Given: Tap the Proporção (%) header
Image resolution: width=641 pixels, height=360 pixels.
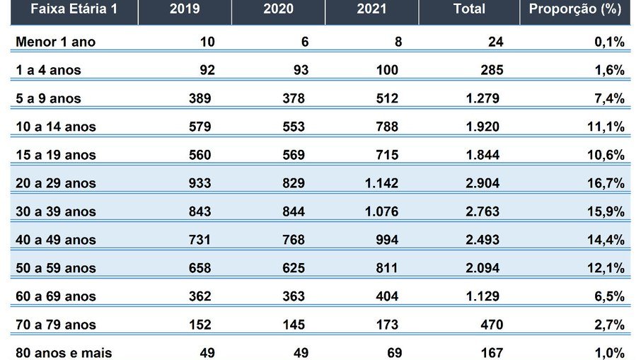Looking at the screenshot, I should coord(575,9).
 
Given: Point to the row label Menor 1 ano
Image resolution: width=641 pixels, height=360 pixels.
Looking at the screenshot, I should coord(55,42).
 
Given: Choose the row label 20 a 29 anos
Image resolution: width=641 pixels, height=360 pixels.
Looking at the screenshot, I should coord(55,183).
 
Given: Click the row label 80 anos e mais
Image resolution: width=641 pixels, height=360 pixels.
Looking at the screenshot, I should coord(64,353).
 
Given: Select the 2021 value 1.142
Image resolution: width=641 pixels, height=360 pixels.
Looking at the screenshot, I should coord(381,183).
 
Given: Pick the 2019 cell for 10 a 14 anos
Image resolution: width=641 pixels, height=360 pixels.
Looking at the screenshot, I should coord(200,127).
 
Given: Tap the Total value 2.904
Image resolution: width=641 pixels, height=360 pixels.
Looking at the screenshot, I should coord(483,183).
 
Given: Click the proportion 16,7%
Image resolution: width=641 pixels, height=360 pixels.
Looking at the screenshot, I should coord(606,183).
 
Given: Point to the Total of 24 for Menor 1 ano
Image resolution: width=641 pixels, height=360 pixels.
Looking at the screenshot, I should coord(495,42).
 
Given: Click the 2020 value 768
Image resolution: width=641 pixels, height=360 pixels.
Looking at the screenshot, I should coord(293,240).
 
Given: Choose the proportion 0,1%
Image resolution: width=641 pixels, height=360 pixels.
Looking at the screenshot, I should coord(609,42).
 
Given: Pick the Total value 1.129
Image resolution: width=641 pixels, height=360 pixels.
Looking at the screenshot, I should coord(483,296).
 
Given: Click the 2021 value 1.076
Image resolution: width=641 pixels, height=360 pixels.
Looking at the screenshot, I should coord(381,211).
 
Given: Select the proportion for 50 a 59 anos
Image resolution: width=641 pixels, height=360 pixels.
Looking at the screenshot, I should coord(606,268).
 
